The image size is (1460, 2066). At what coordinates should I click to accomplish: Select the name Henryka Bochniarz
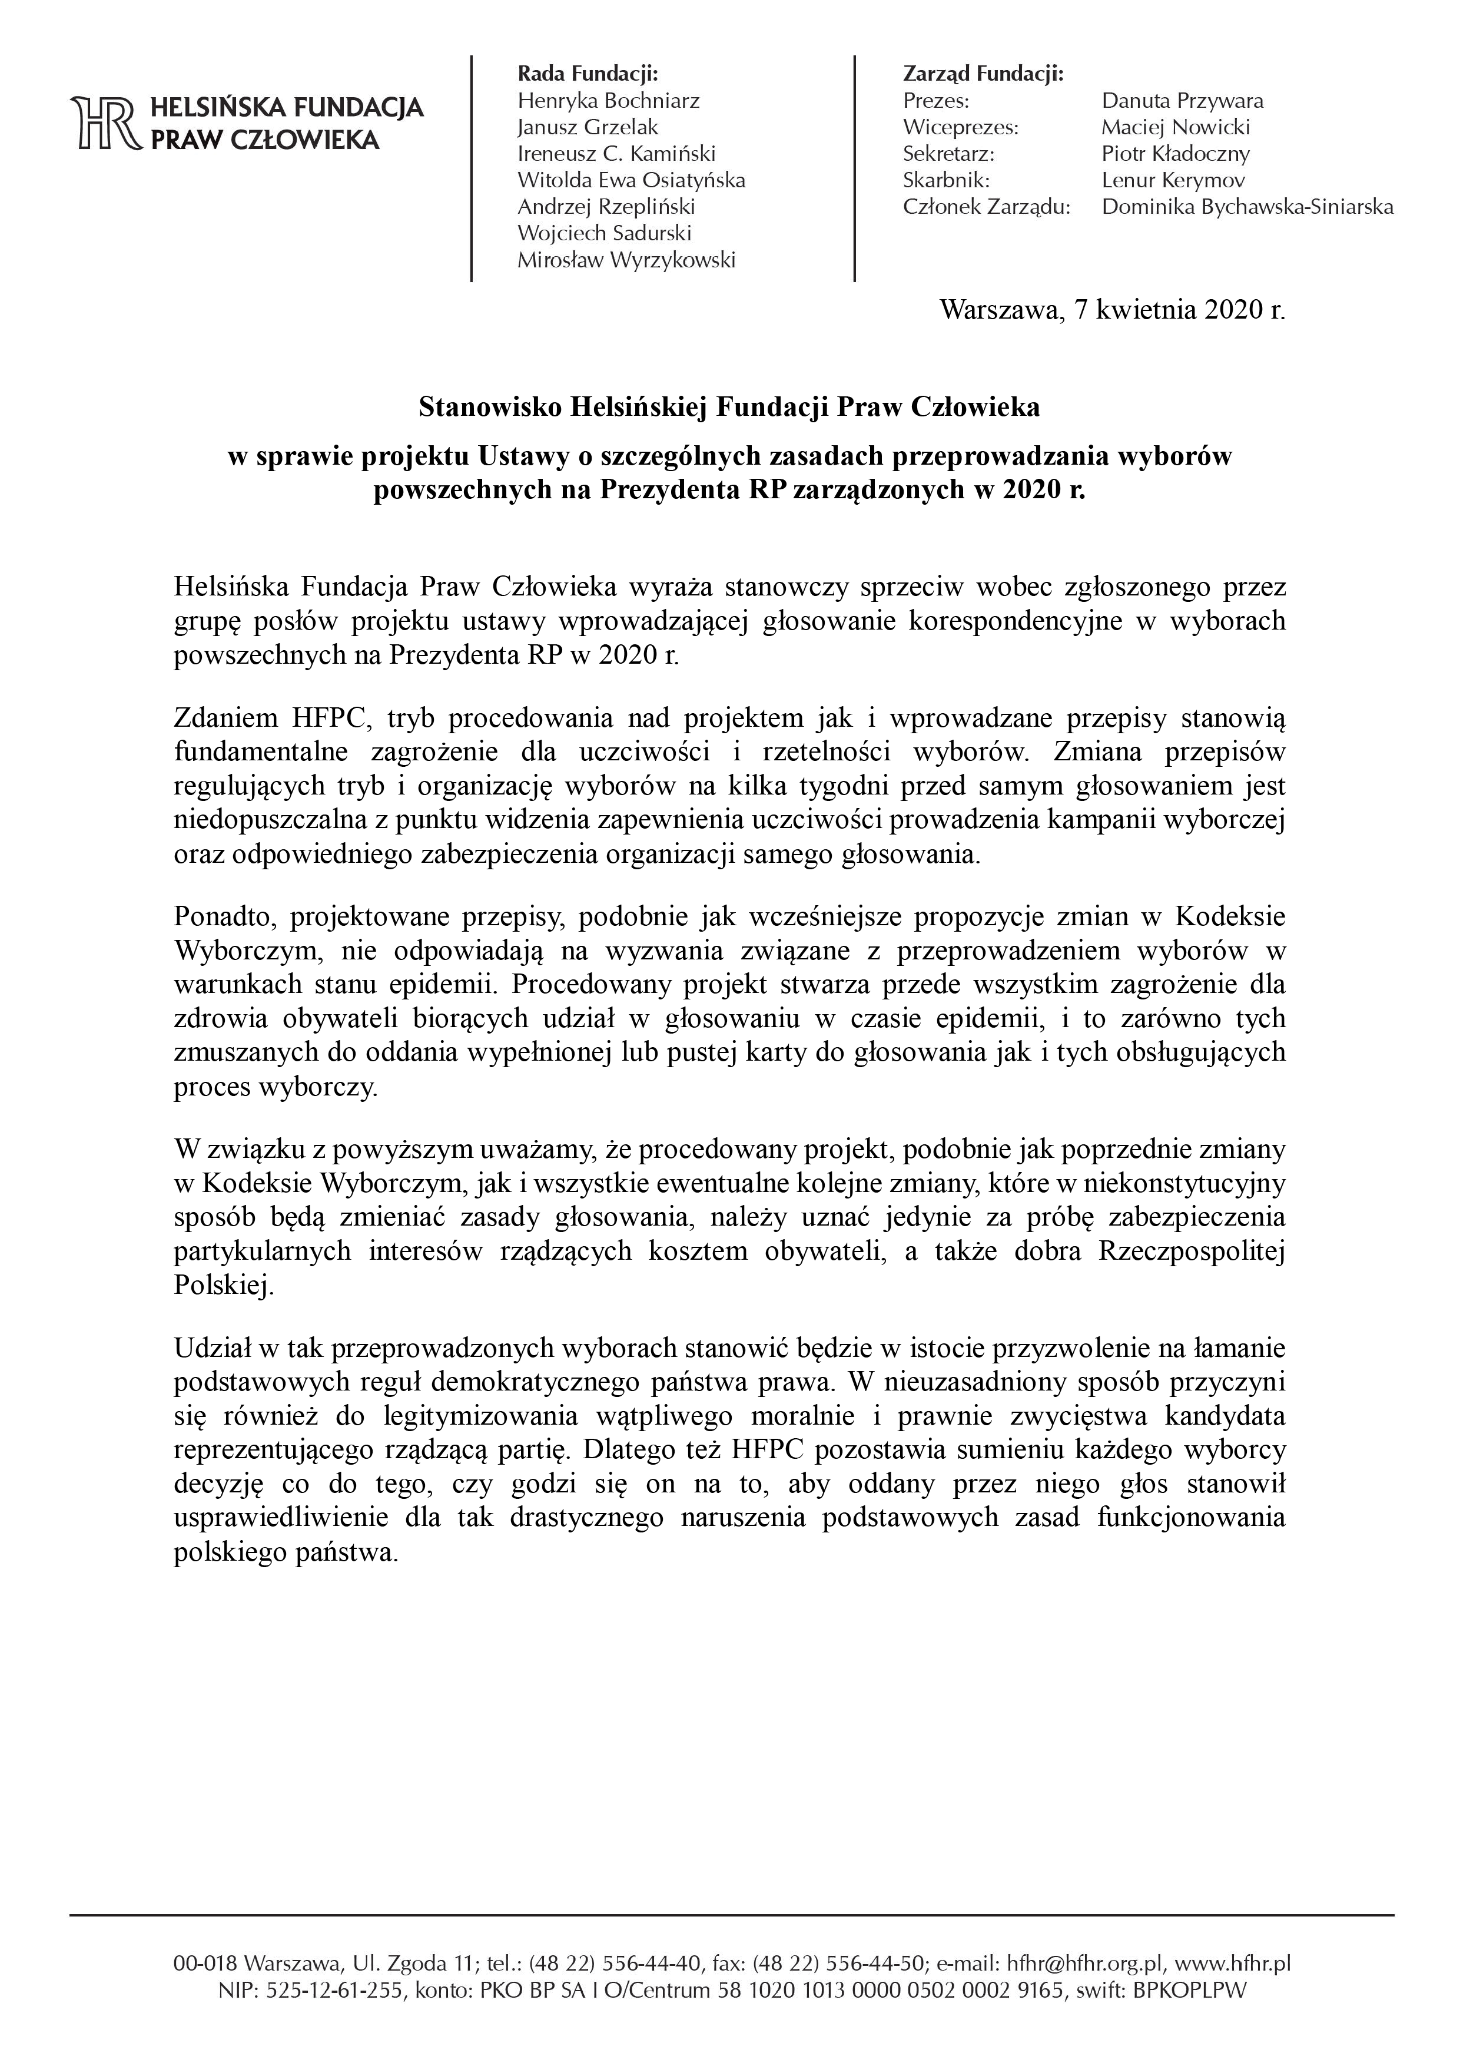608,101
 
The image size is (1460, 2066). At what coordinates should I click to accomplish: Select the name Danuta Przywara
1182,101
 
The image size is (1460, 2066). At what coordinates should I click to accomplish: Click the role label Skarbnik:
945,180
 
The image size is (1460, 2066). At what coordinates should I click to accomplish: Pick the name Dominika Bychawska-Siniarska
1247,207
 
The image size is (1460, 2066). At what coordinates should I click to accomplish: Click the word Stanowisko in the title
490,408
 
